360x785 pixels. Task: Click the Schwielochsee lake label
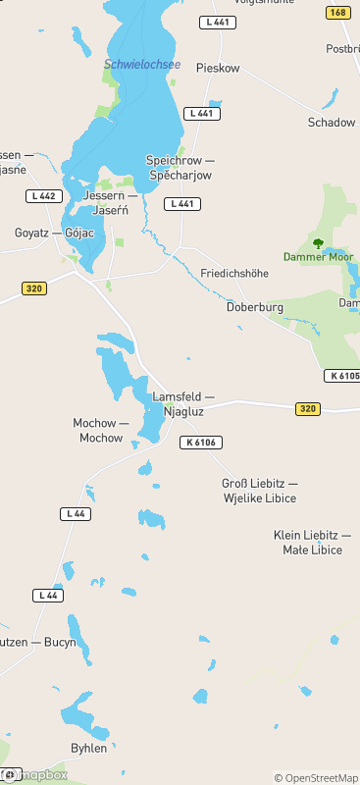142,65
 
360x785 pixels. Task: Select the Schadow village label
332,123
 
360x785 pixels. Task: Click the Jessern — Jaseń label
111,203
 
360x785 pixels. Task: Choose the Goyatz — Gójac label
55,234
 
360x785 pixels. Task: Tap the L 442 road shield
43,196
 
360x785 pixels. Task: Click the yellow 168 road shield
337,13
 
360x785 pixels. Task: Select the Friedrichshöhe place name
234,273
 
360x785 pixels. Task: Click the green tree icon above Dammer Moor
317,241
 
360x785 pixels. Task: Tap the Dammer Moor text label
318,257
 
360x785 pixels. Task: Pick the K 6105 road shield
342,376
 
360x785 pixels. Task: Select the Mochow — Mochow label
101,431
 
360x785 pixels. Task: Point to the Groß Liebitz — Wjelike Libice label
260,492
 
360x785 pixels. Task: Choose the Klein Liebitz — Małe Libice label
312,543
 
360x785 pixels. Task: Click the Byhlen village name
89,748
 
